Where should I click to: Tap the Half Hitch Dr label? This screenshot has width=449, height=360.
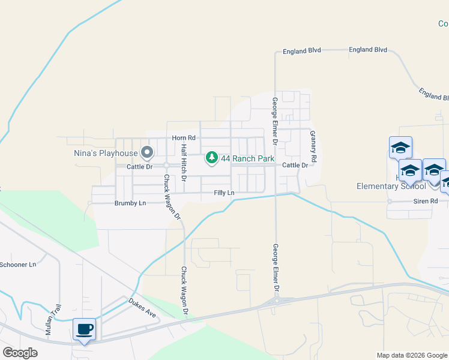pyautogui.click(x=184, y=163)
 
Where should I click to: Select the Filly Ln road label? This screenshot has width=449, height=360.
pyautogui.click(x=224, y=193)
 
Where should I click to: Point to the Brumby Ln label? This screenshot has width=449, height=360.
pyautogui.click(x=130, y=203)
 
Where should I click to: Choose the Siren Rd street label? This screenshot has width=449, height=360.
pyautogui.click(x=425, y=201)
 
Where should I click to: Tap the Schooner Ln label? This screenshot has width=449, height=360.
pyautogui.click(x=18, y=264)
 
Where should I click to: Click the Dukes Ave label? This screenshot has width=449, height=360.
pyautogui.click(x=142, y=306)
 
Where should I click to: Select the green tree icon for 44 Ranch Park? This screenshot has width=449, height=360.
pyautogui.click(x=211, y=158)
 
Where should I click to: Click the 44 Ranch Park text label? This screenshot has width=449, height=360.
pyautogui.click(x=247, y=158)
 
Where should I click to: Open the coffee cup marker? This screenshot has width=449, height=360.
pyautogui.click(x=84, y=329)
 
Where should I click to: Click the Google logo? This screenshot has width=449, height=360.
pyautogui.click(x=20, y=353)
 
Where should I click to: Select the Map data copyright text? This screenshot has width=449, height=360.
pyautogui.click(x=412, y=355)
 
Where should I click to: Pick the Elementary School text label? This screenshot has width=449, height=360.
pyautogui.click(x=391, y=186)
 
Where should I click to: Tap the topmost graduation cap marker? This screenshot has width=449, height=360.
pyautogui.click(x=400, y=147)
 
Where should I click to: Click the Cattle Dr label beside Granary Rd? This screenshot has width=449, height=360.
pyautogui.click(x=295, y=165)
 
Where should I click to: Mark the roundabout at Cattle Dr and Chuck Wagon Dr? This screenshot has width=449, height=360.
pyautogui.click(x=166, y=165)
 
